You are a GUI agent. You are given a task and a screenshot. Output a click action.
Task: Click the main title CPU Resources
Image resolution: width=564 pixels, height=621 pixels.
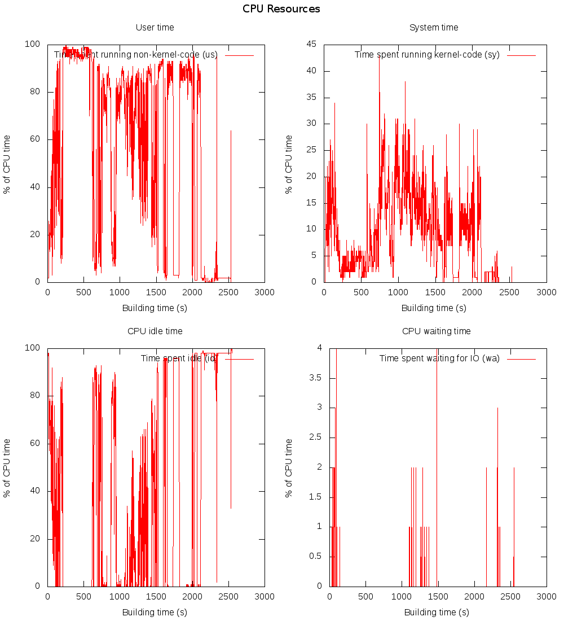click(x=281, y=9)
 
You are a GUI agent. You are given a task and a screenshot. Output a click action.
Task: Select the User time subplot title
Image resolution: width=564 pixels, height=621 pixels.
click(x=155, y=28)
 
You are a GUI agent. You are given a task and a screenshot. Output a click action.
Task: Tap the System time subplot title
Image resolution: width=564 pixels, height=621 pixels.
click(x=434, y=28)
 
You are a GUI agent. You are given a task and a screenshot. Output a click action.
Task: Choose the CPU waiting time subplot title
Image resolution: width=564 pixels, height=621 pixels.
click(x=437, y=331)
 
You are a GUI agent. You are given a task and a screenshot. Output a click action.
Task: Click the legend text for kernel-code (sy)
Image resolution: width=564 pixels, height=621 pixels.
click(x=427, y=55)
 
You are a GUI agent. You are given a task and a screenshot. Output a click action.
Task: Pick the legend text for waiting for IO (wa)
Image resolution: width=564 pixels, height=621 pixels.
click(x=439, y=358)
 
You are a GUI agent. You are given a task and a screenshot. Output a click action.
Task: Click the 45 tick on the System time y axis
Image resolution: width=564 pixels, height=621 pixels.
click(x=311, y=44)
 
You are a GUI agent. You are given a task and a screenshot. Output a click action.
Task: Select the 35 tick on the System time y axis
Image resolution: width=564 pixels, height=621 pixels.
click(x=311, y=97)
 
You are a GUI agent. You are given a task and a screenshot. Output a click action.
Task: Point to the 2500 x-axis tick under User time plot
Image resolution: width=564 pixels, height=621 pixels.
click(x=228, y=292)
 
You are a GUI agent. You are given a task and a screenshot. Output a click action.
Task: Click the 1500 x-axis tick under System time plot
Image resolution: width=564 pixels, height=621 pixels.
click(x=435, y=292)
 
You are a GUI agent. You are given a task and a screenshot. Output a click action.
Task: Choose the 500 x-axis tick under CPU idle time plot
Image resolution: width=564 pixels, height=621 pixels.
click(x=83, y=596)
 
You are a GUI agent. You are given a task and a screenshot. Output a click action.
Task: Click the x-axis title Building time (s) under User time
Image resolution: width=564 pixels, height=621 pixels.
click(x=155, y=308)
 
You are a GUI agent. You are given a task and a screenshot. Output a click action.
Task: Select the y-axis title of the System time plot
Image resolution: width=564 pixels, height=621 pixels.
click(x=289, y=164)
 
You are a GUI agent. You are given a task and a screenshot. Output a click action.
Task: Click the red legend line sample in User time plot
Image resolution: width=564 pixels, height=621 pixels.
click(x=239, y=55)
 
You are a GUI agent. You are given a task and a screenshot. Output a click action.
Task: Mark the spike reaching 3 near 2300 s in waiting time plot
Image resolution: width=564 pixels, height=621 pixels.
click(x=497, y=408)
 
